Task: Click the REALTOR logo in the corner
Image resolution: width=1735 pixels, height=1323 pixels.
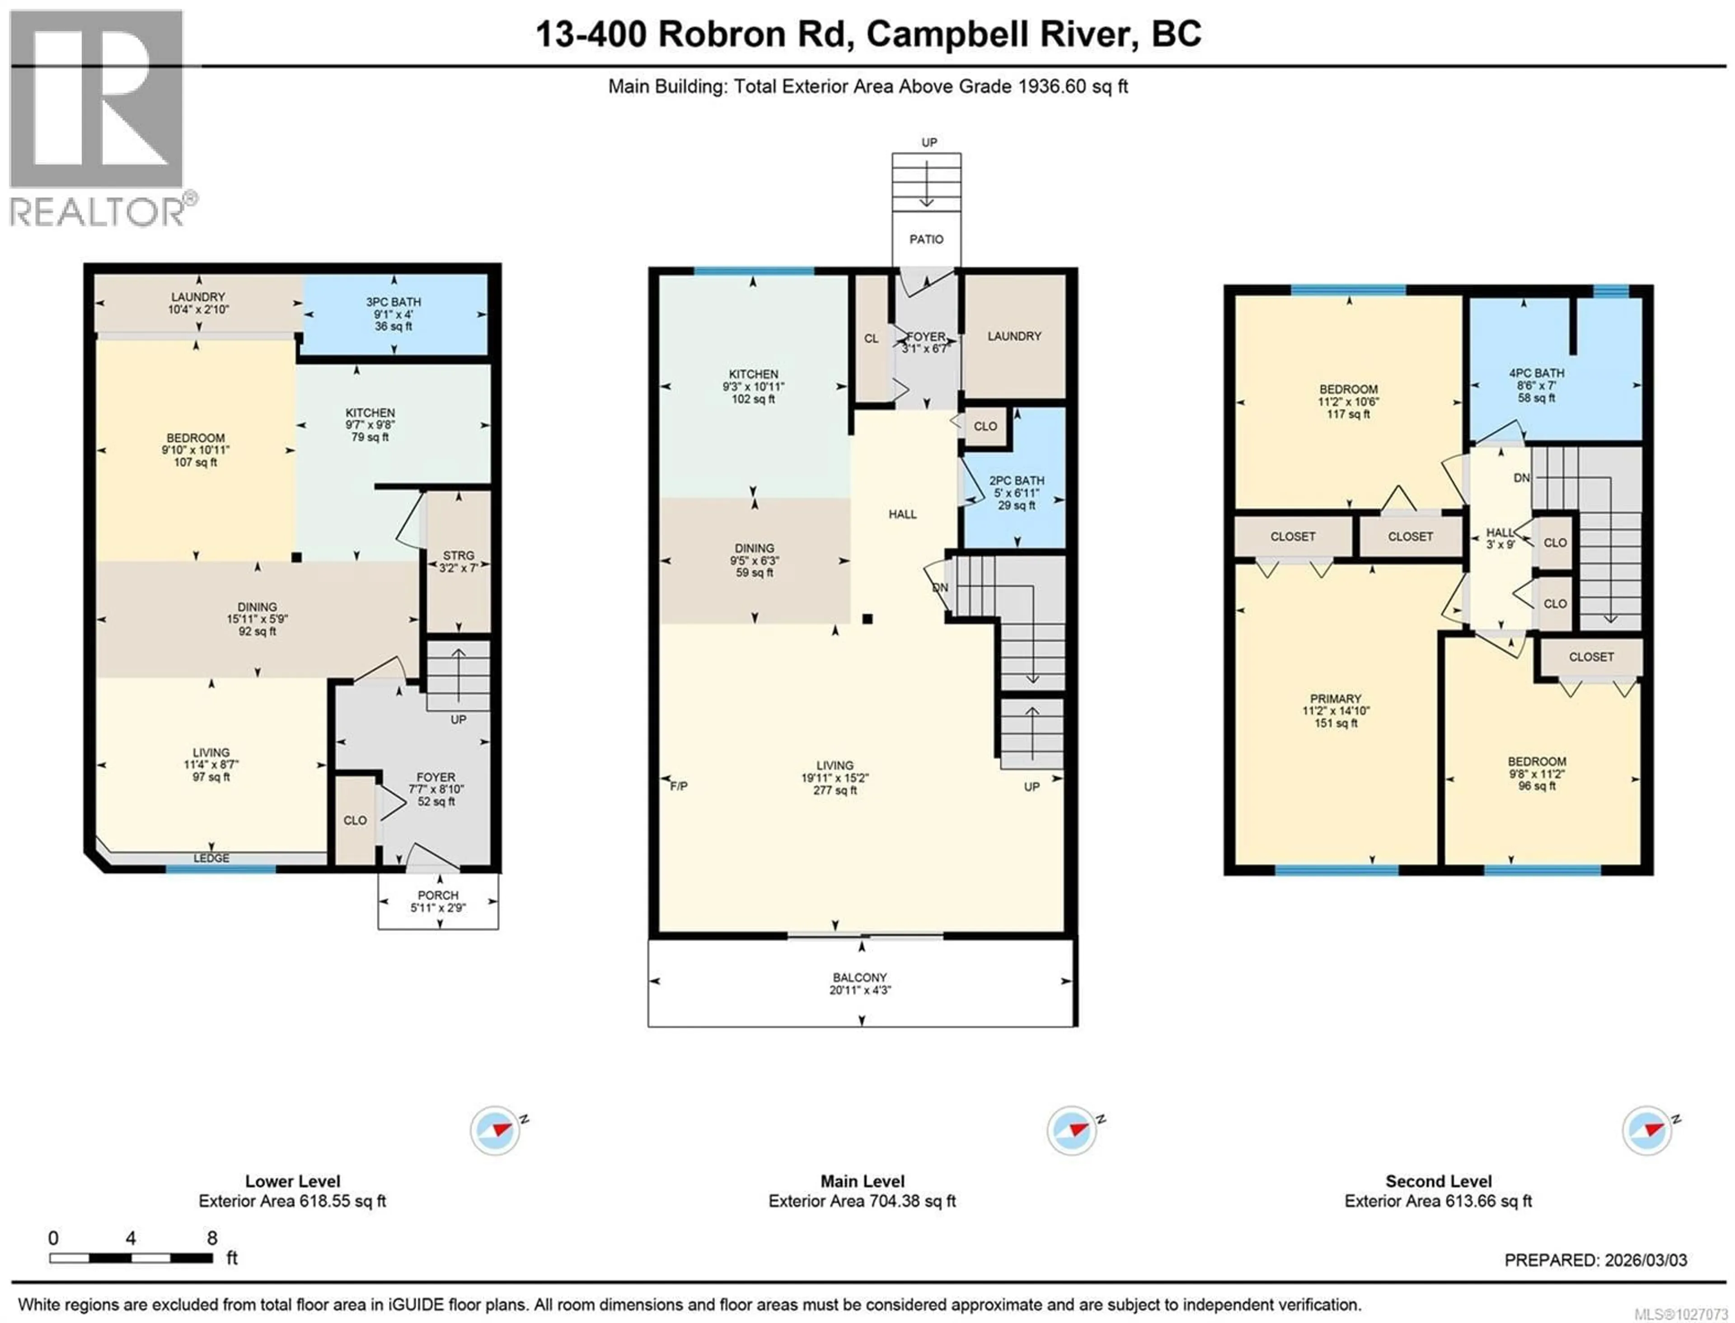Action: tap(98, 118)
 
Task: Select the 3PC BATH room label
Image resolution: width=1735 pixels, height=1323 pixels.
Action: tap(393, 302)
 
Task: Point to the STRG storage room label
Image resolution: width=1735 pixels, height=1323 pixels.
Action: tap(458, 556)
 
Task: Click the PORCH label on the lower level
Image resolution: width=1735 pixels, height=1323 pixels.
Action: tap(438, 896)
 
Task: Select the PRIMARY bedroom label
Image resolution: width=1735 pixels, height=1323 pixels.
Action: tap(1336, 699)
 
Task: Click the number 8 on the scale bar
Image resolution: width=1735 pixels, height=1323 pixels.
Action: tap(211, 1238)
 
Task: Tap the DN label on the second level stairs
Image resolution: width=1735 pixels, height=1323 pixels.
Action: tap(1522, 478)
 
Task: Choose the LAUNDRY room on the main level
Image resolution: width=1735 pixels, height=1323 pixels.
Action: tap(1014, 336)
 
